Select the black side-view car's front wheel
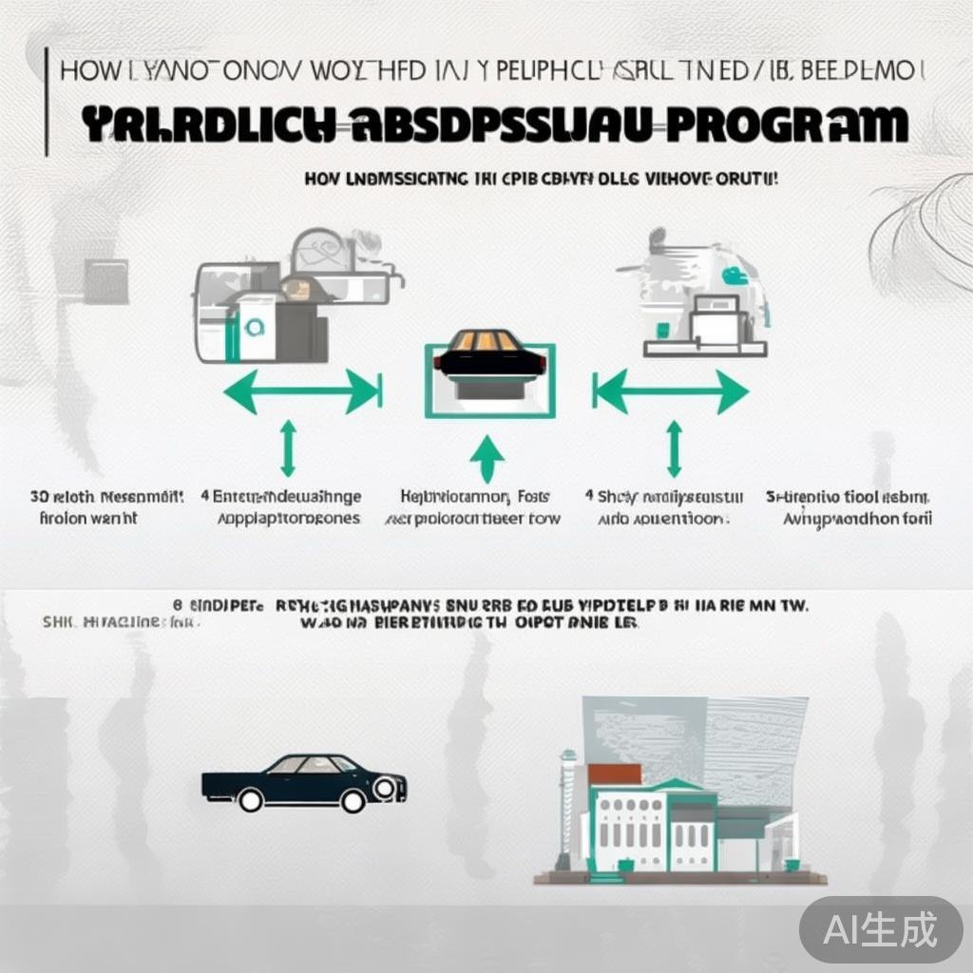point(353,800)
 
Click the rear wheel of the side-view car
point(251,800)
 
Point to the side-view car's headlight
point(386,787)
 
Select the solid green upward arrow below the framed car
point(487,459)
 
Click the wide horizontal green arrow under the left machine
point(303,391)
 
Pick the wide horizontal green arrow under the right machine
point(671,391)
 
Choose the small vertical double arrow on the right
point(674,448)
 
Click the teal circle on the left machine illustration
point(251,329)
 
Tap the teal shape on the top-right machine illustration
point(734,277)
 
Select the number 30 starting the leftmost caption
point(39,497)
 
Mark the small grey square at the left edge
point(105,281)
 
